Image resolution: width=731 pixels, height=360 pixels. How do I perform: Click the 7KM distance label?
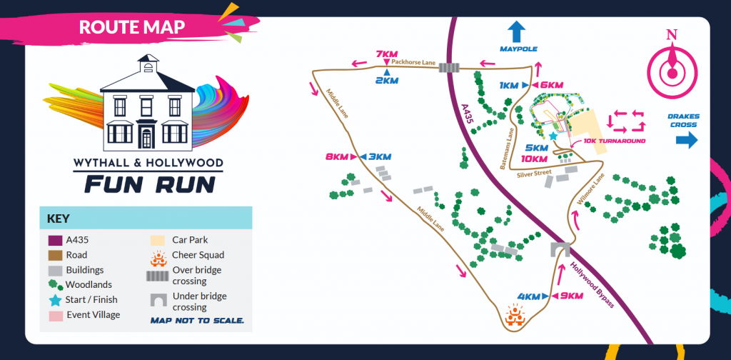(x=385, y=54)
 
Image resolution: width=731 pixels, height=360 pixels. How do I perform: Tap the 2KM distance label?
(x=386, y=80)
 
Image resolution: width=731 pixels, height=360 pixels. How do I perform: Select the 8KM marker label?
(x=335, y=156)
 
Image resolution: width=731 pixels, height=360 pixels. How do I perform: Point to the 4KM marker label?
(x=530, y=296)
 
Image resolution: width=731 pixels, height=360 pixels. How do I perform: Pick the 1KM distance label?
(x=509, y=86)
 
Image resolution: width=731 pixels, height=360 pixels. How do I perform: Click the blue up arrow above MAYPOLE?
(x=516, y=31)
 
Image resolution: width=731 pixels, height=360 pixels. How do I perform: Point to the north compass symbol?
(x=672, y=64)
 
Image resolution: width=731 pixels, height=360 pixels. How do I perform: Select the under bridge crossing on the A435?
(x=559, y=249)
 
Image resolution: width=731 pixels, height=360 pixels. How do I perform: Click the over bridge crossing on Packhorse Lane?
(x=448, y=68)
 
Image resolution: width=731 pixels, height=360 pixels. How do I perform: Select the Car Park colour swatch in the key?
(x=157, y=240)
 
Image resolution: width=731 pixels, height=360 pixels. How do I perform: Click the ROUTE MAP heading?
(x=132, y=27)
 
